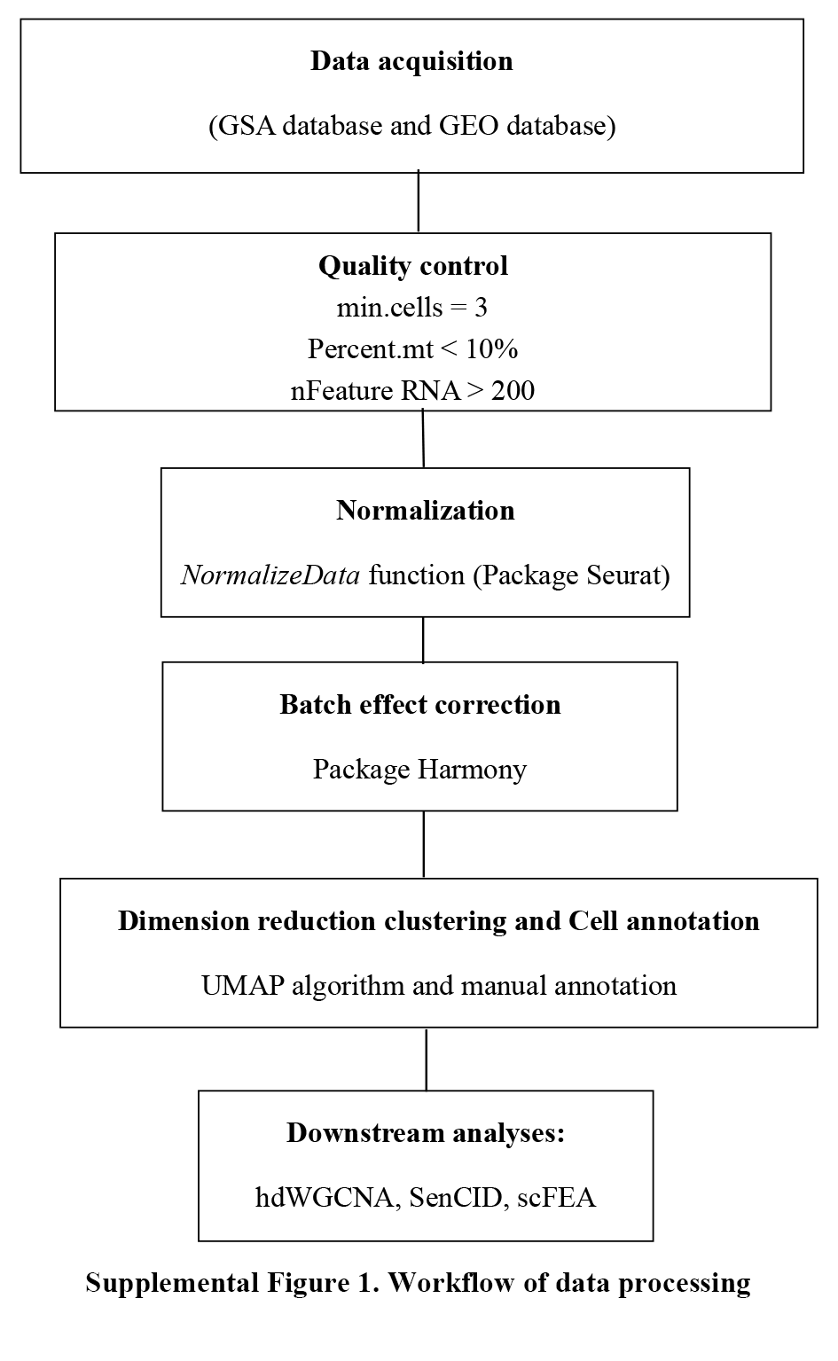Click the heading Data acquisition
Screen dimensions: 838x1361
click(411, 62)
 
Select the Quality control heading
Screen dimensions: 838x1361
click(413, 266)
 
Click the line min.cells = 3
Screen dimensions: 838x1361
click(412, 308)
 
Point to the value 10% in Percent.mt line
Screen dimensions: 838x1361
click(491, 348)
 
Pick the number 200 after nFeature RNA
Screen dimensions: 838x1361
click(513, 390)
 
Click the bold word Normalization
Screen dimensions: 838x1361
click(426, 511)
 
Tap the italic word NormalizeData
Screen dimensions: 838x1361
click(270, 575)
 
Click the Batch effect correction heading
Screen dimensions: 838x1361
click(420, 705)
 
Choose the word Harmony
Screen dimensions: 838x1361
click(472, 770)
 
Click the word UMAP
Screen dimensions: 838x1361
click(243, 986)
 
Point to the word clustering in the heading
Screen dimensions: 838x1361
click(445, 922)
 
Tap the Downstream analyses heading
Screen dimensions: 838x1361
click(426, 1133)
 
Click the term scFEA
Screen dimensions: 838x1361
click(556, 1198)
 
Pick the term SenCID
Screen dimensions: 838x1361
click(458, 1198)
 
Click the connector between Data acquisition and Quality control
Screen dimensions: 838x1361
click(418, 202)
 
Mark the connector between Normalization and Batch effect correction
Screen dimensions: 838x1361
click(423, 640)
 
